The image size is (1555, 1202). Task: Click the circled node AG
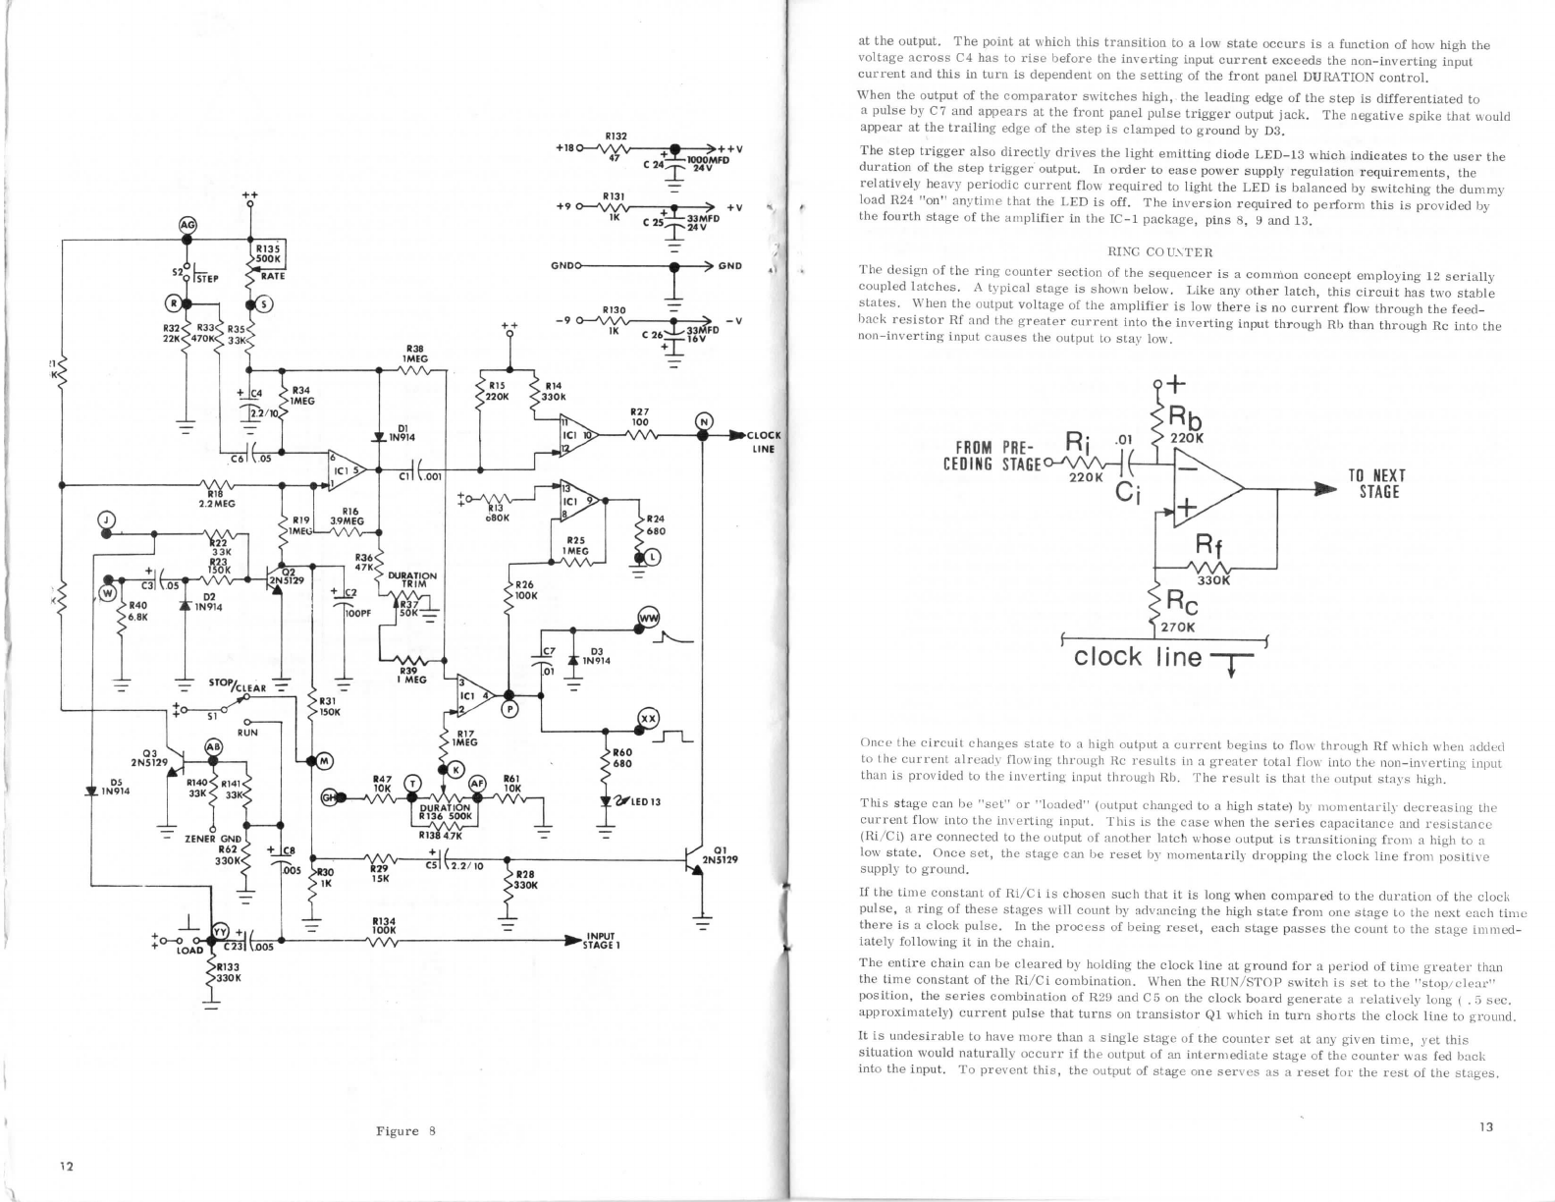[x=186, y=226]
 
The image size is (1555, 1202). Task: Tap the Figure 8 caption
[x=405, y=1131]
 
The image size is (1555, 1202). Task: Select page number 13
[x=1485, y=1127]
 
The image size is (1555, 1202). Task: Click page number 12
[x=66, y=1167]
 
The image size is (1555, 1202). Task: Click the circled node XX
[x=647, y=718]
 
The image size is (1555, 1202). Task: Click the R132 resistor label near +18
[x=617, y=136]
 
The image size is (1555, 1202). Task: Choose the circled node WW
[x=647, y=617]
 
